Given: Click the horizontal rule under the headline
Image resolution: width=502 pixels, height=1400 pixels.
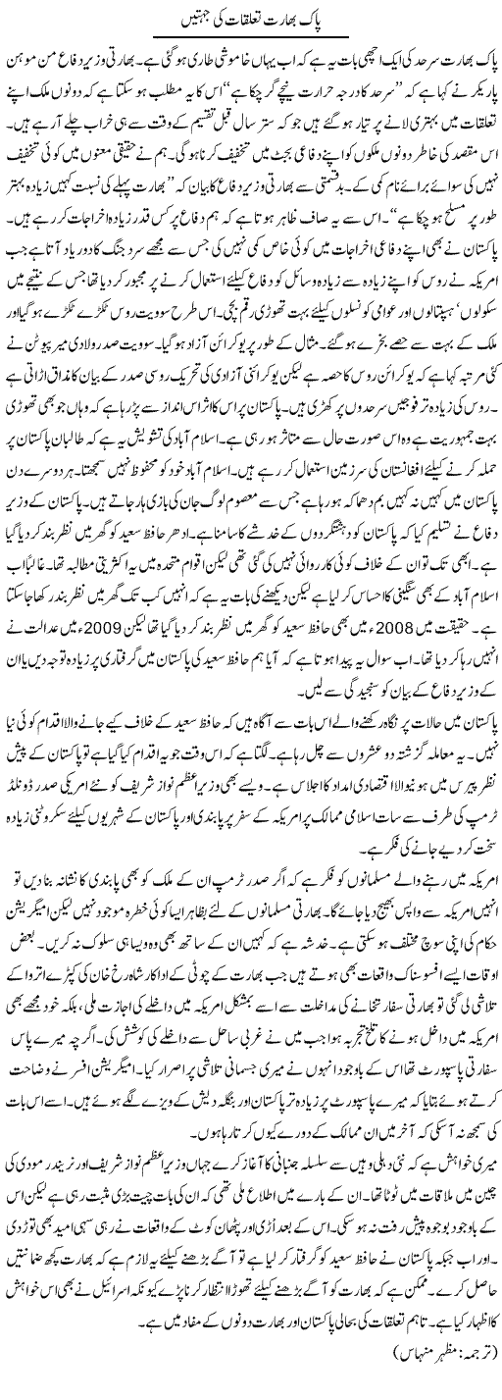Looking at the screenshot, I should click(250, 36).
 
